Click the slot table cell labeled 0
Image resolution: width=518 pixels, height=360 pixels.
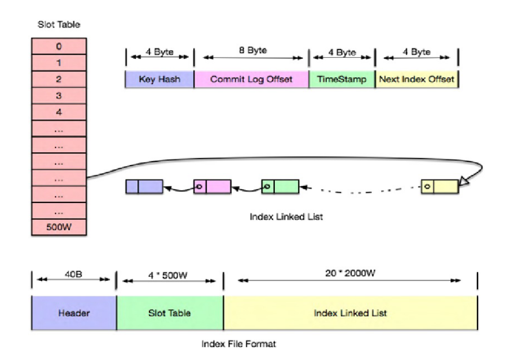coord(59,46)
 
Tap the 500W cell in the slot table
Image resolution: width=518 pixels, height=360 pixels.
coord(59,227)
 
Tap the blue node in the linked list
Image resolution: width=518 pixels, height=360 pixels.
coord(144,186)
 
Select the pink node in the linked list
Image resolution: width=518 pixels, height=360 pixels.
coord(212,186)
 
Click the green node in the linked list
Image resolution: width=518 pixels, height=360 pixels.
coord(280,186)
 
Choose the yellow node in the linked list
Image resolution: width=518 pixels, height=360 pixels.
coord(439,186)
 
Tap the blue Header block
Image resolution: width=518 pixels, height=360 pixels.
coord(73,313)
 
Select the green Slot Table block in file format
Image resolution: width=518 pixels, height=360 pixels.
coord(169,313)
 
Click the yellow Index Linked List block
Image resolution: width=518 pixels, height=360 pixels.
coord(350,313)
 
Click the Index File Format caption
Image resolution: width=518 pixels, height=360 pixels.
coord(238,344)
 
